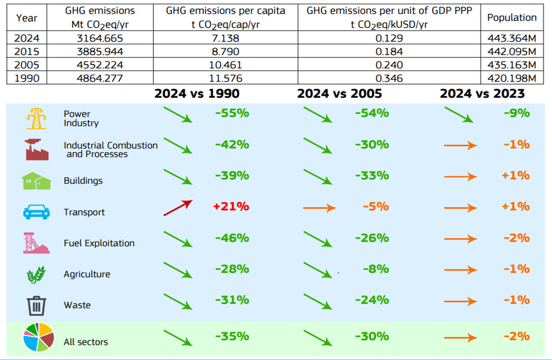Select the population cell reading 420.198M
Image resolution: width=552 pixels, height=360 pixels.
pos(512,78)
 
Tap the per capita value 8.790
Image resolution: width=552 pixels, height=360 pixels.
pos(225,52)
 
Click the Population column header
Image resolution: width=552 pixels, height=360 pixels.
pos(512,18)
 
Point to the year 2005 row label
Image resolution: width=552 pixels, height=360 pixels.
pos(27,65)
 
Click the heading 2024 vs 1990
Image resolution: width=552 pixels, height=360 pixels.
pos(197,93)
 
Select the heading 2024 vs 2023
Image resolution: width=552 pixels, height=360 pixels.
pos(482,93)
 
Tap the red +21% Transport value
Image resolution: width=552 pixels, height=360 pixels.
pos(231,206)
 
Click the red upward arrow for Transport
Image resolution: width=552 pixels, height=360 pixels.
pos(178,207)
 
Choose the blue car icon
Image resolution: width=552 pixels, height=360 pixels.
pos(37,212)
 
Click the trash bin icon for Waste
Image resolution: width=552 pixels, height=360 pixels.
pos(37,305)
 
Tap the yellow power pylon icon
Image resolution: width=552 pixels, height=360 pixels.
pos(37,118)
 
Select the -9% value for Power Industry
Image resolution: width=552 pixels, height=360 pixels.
pos(517,113)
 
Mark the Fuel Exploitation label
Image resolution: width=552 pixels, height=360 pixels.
pos(99,243)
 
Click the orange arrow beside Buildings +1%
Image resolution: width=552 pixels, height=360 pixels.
pos(460,176)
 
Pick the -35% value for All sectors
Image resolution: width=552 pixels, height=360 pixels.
pos(232,336)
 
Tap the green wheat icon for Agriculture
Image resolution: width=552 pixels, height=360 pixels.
pos(37,274)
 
